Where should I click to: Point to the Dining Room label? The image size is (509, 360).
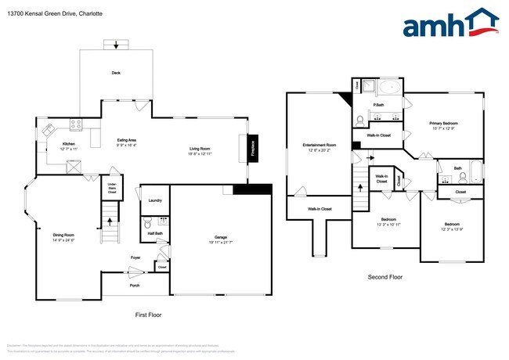[x=64, y=236]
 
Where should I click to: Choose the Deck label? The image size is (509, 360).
[x=116, y=73]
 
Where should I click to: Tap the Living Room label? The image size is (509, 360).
[x=200, y=149]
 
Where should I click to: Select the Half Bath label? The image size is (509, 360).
[x=154, y=233]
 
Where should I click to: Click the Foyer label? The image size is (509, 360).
[x=135, y=257]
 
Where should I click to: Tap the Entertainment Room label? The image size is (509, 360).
[x=319, y=145]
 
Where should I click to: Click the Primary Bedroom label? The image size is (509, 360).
[x=443, y=124]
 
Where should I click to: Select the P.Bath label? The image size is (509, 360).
[x=377, y=105]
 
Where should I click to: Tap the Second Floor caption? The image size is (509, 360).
[x=384, y=278]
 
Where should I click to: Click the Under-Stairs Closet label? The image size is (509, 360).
[x=112, y=188]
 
